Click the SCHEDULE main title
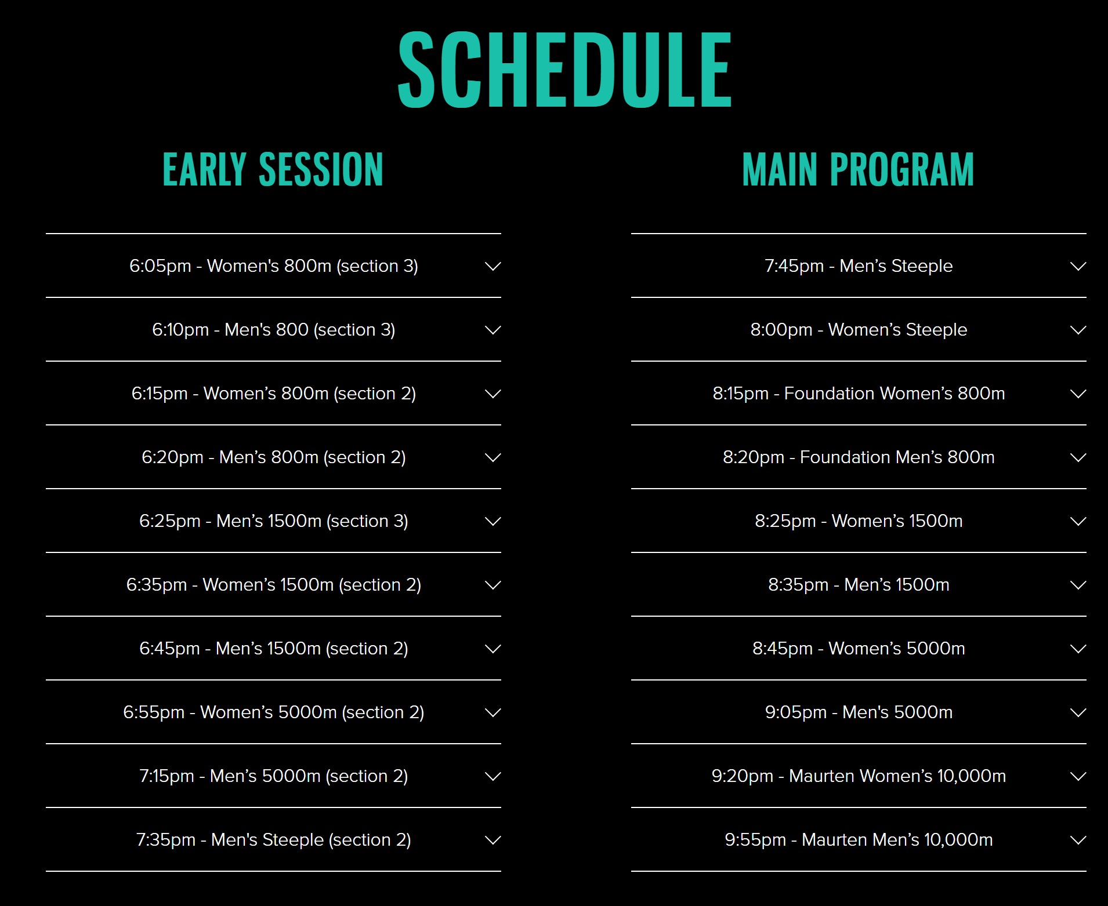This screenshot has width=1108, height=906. [x=564, y=70]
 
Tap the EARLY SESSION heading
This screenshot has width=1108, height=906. [x=273, y=169]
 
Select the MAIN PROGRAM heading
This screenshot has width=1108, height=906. [x=858, y=169]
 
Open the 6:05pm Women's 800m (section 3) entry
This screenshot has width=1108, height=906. [x=274, y=266]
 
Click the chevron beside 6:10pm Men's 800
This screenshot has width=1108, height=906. [x=493, y=330]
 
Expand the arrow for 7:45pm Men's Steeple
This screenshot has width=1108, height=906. [x=1078, y=266]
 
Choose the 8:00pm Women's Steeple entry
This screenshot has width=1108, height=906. [x=859, y=330]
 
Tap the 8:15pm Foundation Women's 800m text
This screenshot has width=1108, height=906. [x=859, y=394]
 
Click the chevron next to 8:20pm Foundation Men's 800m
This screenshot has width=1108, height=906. [x=1078, y=457]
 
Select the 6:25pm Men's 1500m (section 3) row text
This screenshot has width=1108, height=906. [x=274, y=521]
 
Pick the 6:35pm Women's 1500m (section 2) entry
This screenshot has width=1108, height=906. [x=274, y=585]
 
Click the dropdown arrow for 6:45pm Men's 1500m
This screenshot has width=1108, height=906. [x=493, y=649]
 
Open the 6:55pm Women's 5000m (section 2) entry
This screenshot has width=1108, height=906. [x=274, y=712]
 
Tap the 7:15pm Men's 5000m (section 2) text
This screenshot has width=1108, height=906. [x=274, y=776]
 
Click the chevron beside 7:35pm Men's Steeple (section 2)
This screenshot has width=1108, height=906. [x=493, y=840]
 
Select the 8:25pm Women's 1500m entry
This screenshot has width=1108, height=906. [x=859, y=521]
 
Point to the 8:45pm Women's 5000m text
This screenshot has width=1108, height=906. [x=859, y=649]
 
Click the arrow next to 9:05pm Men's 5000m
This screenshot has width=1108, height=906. [x=1078, y=712]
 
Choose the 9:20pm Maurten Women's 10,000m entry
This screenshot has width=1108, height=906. [x=859, y=776]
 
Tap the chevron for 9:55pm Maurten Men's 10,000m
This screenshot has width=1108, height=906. [x=1078, y=840]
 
